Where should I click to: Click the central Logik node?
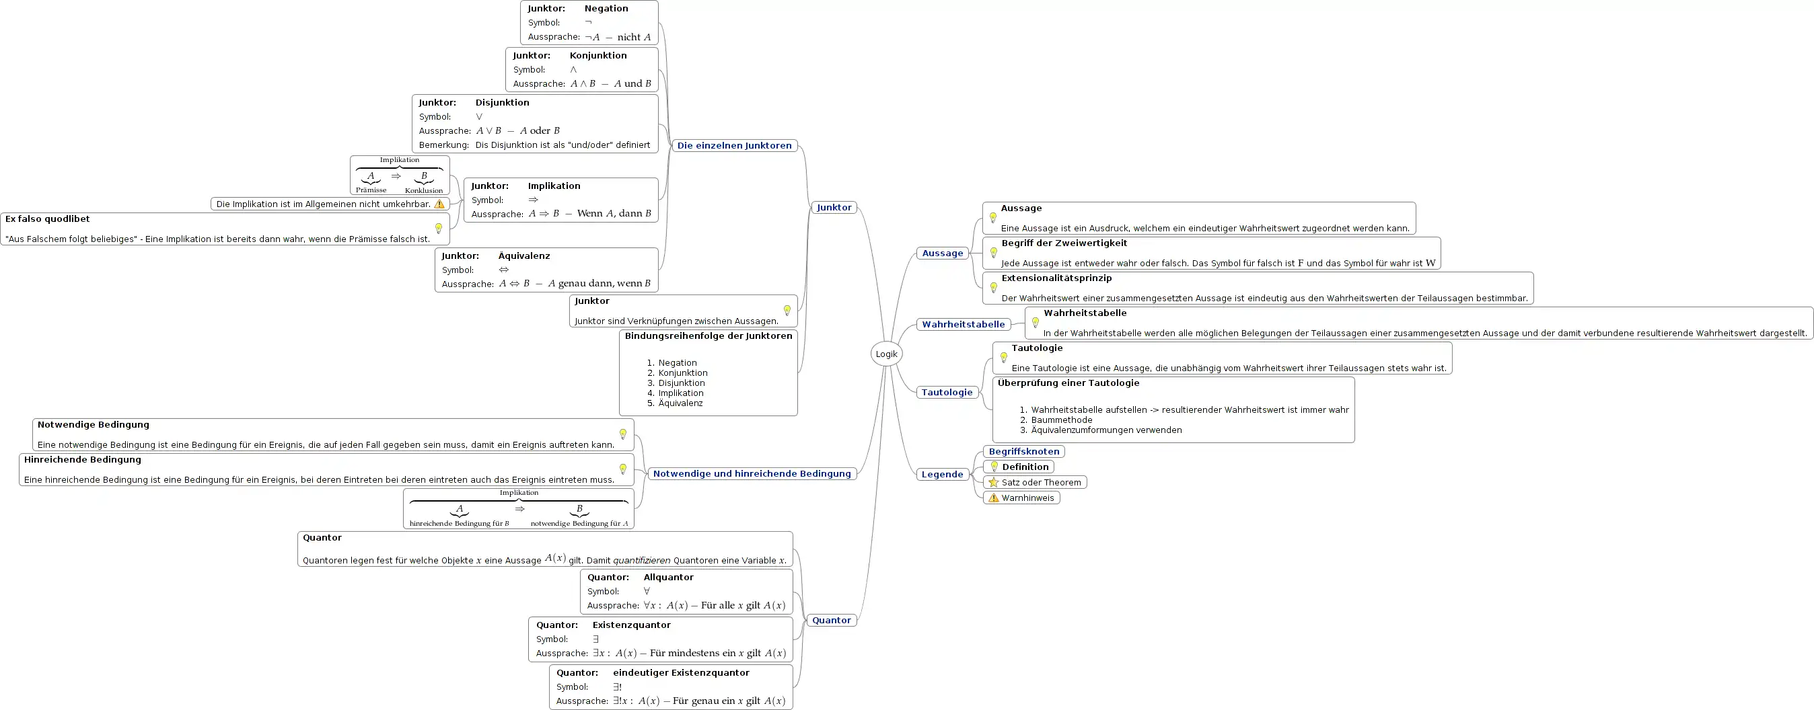(887, 354)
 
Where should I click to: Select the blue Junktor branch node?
(834, 208)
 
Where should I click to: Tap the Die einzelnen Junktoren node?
(735, 146)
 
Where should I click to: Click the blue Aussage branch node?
(942, 253)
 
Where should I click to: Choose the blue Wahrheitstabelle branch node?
(964, 324)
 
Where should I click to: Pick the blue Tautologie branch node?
(947, 393)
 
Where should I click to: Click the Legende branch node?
(942, 474)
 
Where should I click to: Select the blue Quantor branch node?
(832, 620)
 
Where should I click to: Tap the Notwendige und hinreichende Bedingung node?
(752, 473)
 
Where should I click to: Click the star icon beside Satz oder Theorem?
(994, 482)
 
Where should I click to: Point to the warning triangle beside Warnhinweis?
(994, 498)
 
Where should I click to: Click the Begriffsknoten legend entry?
(1024, 452)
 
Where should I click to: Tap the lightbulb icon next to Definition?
(994, 467)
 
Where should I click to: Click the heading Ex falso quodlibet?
(47, 219)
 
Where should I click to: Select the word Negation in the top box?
(606, 9)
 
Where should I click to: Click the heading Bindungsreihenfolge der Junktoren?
(709, 336)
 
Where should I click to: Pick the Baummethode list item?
(1062, 420)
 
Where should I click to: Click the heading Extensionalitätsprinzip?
(1056, 278)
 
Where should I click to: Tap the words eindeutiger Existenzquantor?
(681, 673)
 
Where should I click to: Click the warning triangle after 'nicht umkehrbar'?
(439, 204)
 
